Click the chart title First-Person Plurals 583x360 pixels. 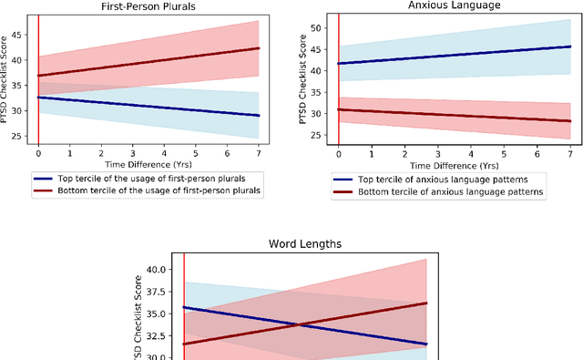(148, 6)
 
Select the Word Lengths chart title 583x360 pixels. (305, 245)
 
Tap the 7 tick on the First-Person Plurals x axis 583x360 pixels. (259, 153)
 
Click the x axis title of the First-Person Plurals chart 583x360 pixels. (148, 165)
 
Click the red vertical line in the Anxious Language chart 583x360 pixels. (339, 91)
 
